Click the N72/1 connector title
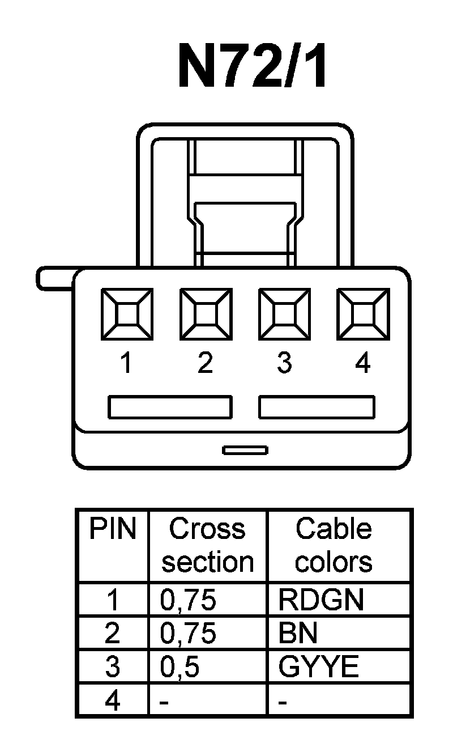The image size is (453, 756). [253, 66]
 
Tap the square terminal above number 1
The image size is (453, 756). [126, 314]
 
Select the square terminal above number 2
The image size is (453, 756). [205, 314]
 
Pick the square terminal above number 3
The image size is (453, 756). [284, 314]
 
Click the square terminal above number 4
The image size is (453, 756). [363, 314]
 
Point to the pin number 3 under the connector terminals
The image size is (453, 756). [284, 363]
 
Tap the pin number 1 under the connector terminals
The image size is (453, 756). [127, 363]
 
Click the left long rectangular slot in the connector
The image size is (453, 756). [170, 407]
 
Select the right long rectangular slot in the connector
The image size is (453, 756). [317, 407]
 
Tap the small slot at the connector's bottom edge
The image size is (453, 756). [245, 451]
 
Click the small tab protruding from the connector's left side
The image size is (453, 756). [54, 278]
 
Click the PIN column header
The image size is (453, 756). [113, 530]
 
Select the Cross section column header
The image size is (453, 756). [207, 545]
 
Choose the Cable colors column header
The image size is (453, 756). [334, 545]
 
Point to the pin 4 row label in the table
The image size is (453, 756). [113, 702]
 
